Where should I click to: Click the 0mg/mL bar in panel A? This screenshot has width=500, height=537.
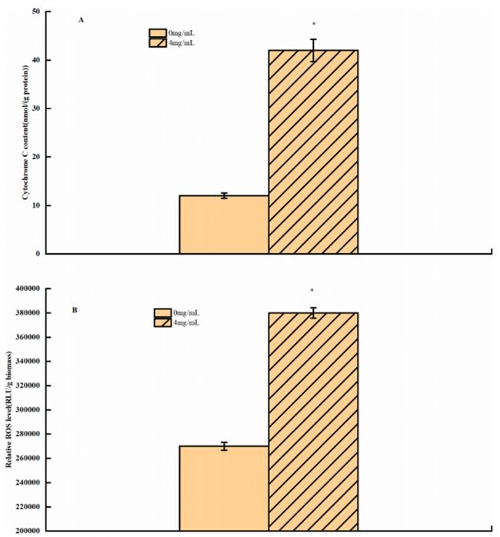(224, 225)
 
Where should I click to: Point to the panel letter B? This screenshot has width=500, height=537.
(74, 311)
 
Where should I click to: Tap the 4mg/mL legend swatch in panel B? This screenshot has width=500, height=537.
(163, 322)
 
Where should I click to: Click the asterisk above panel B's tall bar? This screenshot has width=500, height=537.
(312, 291)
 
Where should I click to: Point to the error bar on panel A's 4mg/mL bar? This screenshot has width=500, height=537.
(313, 50)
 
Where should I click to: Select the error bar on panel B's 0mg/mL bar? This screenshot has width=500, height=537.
(224, 446)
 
